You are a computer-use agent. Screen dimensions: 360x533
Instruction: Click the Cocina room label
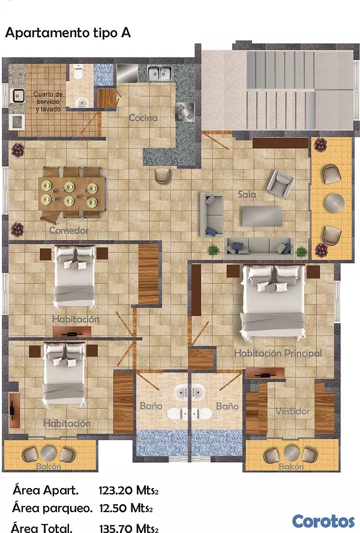(143, 118)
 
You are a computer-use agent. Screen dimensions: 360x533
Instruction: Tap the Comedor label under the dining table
(69, 230)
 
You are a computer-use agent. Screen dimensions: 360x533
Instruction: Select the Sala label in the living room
(247, 194)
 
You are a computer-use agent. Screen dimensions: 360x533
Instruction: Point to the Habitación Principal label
(278, 353)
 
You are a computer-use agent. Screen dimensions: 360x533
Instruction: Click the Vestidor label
(293, 411)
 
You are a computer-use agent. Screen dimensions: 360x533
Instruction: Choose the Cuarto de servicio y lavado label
(48, 102)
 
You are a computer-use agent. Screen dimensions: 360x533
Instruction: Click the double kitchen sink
(160, 73)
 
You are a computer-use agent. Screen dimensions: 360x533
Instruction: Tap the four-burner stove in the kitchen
(185, 112)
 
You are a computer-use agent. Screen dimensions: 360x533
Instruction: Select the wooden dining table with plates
(71, 194)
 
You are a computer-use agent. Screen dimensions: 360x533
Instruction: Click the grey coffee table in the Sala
(262, 216)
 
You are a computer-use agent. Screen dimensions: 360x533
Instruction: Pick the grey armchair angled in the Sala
(280, 182)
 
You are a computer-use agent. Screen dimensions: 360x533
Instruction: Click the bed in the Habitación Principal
(272, 301)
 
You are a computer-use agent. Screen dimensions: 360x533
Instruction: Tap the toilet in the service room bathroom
(78, 73)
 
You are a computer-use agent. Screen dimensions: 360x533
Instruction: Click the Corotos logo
(323, 522)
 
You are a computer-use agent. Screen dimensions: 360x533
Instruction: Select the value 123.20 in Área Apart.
(116, 490)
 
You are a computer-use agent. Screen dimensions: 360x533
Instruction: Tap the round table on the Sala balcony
(334, 203)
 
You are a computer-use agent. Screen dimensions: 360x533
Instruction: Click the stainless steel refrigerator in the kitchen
(127, 73)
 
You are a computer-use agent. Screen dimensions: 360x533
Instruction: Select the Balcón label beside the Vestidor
(291, 466)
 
